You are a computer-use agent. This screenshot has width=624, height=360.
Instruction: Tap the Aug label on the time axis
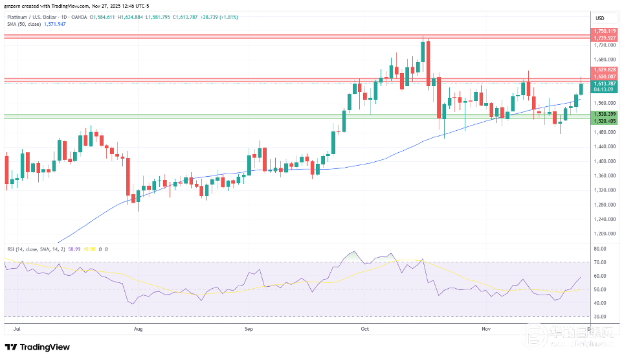pyautogui.click(x=137, y=328)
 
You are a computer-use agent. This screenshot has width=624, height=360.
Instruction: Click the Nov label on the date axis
pyautogui.click(x=485, y=328)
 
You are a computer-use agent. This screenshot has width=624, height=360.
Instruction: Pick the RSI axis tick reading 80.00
pyautogui.click(x=599, y=249)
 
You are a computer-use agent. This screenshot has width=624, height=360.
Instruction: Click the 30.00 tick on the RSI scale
pyautogui.click(x=599, y=317)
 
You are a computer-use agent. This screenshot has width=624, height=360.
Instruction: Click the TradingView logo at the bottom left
pyautogui.click(x=38, y=347)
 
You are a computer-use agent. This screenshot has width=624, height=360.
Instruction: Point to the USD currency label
pyautogui.click(x=599, y=17)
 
